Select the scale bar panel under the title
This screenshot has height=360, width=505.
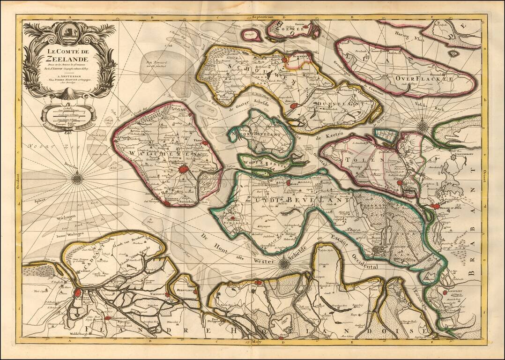point(68,115)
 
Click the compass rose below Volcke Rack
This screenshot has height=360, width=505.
point(423,125)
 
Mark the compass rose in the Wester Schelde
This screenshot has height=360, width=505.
point(284,263)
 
